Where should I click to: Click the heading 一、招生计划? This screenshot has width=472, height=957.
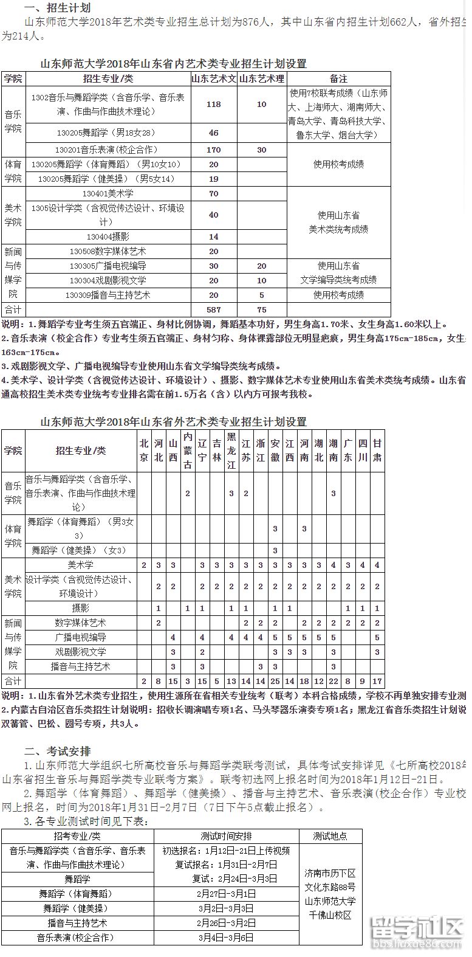pos(57,8)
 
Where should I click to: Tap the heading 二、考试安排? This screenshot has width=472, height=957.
pos(57,751)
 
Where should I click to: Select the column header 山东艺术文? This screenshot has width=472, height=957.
pos(213,79)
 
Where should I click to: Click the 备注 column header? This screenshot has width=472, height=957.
pos(338,79)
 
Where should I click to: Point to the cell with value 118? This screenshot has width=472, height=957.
pos(213,105)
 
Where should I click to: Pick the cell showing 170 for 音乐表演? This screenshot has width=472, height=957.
pos(213,150)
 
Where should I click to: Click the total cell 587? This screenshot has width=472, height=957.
pos(213,309)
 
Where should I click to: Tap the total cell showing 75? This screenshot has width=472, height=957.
pos(261,309)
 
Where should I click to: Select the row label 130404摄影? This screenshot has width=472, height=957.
pos(108,237)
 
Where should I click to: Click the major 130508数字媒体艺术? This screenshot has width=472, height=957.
pos(108,251)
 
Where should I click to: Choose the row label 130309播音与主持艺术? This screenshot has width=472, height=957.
pos(108,295)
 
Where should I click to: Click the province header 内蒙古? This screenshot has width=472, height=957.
pos(188,451)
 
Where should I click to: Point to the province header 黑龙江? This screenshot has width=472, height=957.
pos(231,451)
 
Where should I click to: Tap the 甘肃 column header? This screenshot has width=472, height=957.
pos(377,451)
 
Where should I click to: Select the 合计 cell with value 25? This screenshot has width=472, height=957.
pos(275,682)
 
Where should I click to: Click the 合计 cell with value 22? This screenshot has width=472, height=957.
pos(333,682)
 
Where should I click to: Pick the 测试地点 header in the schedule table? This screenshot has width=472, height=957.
pos(330,836)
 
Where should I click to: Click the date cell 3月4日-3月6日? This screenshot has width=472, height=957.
pos(226,938)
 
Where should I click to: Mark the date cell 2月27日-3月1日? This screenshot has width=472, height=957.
pos(226,894)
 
